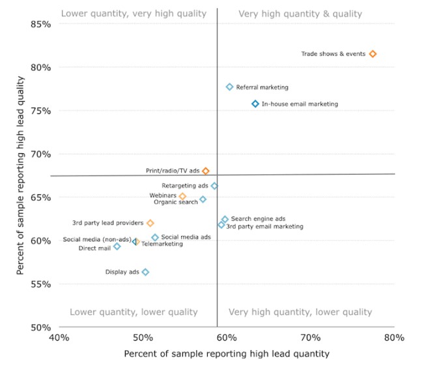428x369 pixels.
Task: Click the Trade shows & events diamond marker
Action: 373,54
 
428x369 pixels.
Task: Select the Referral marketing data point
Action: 229,87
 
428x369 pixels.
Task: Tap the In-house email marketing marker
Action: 255,104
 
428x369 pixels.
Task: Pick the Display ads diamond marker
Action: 145,272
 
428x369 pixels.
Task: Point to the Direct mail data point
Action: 117,246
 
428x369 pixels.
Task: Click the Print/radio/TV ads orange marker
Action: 206,171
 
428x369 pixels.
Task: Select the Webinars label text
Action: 162,195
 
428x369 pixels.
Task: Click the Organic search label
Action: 176,202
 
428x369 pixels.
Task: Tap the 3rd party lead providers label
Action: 107,223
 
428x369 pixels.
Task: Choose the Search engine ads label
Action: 258,219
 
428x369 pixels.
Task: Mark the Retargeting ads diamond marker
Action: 214,186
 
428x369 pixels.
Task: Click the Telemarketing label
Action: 162,244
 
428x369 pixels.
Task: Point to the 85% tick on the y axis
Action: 42,24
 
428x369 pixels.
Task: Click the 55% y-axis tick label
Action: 42,284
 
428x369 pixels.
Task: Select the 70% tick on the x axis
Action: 310,338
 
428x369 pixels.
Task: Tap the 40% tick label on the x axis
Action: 59,338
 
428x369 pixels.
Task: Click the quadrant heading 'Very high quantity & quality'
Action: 300,14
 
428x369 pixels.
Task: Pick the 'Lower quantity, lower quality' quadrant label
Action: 134,312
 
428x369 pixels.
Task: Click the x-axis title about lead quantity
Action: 226,354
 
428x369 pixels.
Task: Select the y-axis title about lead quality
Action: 21,175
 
